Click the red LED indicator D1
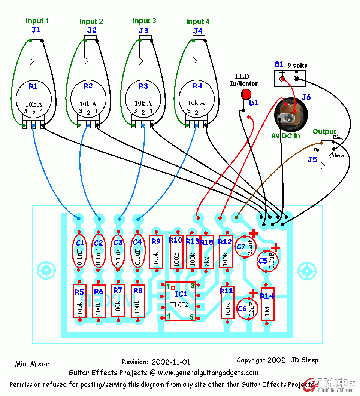tap(246, 94)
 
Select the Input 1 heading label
tap(37, 21)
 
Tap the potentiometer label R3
tap(143, 86)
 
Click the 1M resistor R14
tap(267, 304)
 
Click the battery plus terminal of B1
tap(282, 79)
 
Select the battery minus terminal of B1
tap(297, 79)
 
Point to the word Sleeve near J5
tap(338, 155)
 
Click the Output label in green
tap(324, 132)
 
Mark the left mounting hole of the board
tap(46, 270)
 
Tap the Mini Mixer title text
tap(32, 364)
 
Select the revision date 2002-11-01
tap(171, 362)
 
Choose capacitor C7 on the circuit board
tap(244, 246)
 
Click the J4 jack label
tap(198, 31)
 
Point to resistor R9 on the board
tap(156, 252)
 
